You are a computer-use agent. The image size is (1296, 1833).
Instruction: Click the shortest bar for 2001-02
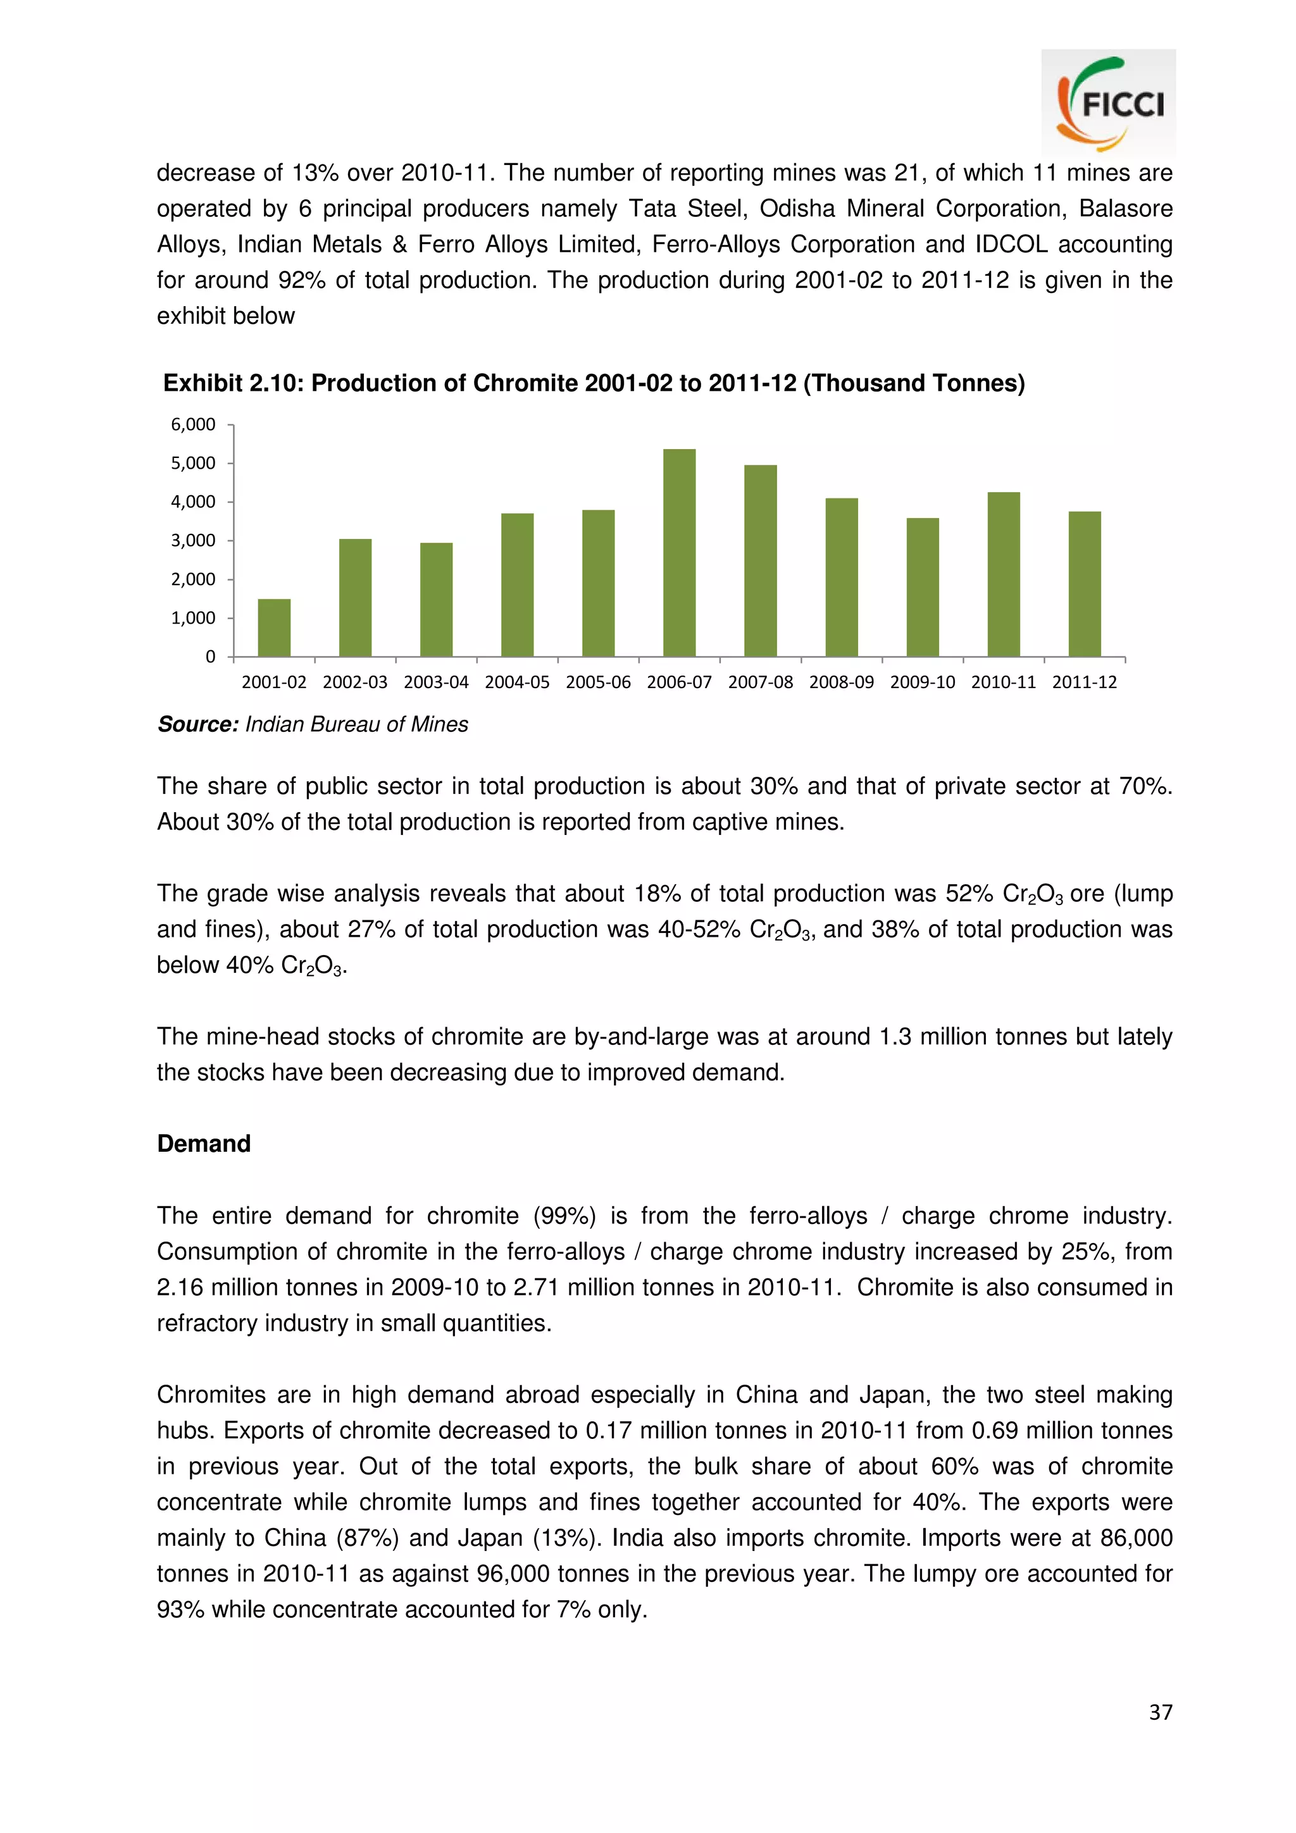(274, 627)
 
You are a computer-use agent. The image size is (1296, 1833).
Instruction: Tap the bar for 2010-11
(1003, 574)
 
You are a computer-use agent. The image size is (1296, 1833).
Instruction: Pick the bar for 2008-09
(841, 577)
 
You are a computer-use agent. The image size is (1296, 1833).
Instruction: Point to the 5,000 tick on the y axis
(193, 463)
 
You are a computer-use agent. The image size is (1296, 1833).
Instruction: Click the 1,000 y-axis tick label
(193, 618)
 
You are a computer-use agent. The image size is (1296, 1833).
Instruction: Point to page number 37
(1160, 1712)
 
